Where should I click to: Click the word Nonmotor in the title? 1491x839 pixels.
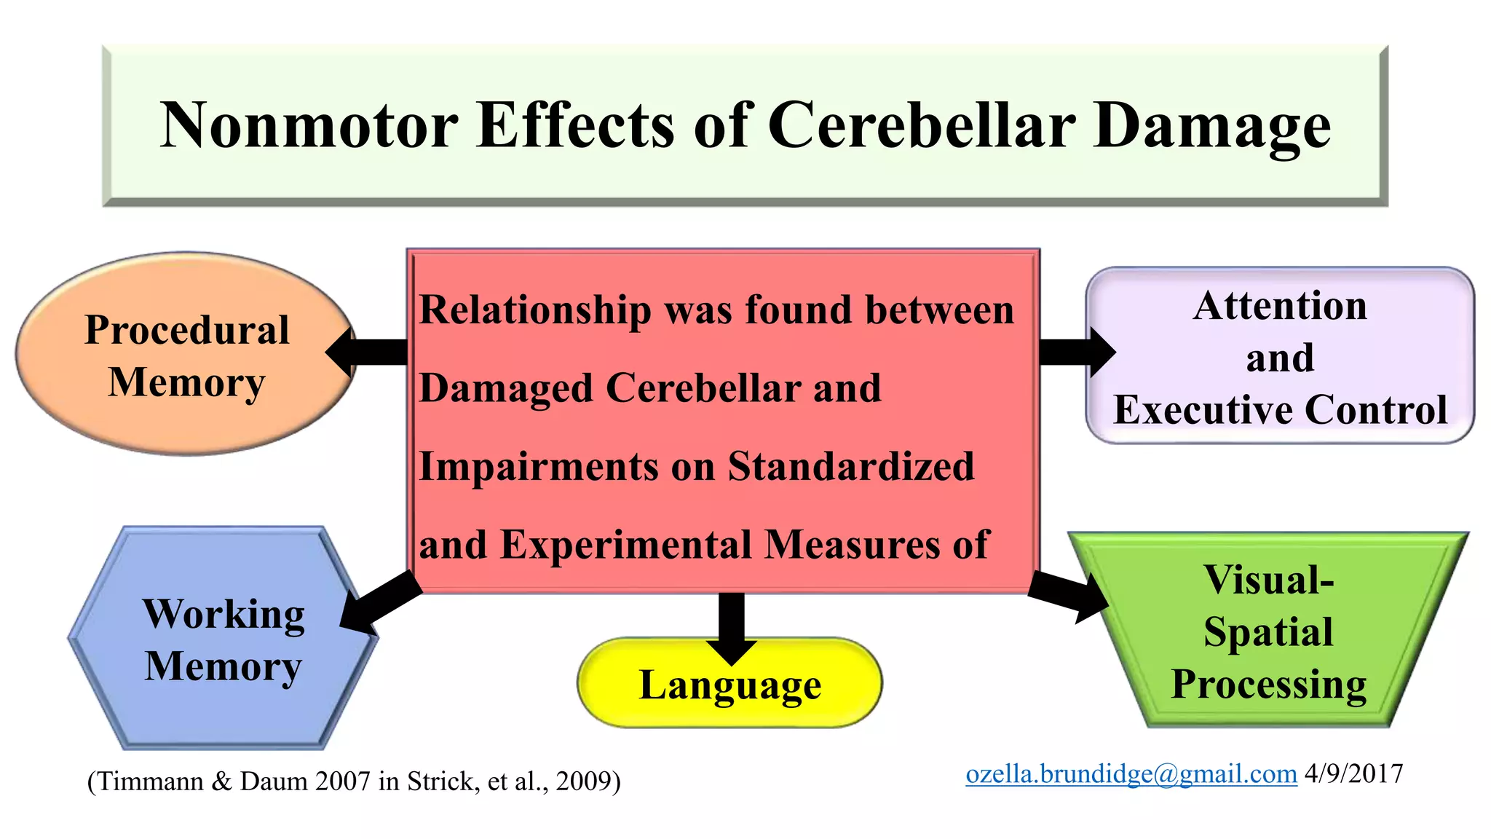click(309, 125)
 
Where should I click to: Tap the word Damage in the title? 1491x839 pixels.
click(1211, 125)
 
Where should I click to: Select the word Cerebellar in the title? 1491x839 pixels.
click(921, 125)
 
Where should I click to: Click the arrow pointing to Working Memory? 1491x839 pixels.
click(379, 601)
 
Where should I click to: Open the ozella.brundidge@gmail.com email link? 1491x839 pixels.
click(1131, 773)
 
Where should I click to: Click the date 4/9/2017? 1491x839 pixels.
click(1353, 773)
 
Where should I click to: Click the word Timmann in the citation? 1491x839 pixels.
click(150, 781)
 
